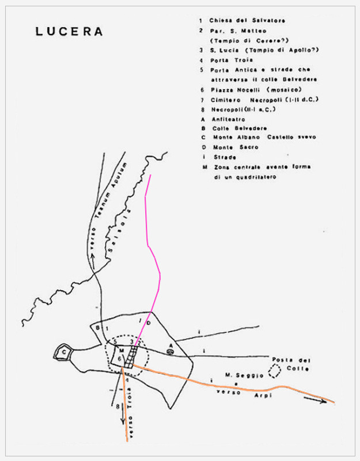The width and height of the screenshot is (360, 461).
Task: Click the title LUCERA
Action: point(69,32)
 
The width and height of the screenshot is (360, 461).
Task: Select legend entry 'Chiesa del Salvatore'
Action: point(247,21)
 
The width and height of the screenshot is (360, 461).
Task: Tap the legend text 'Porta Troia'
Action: point(232,60)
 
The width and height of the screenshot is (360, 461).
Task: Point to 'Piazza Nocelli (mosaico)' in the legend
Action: point(256,90)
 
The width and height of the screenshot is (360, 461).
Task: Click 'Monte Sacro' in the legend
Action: point(236,147)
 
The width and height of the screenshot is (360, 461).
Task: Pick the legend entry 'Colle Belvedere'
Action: point(240,128)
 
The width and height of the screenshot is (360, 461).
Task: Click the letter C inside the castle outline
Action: point(64,351)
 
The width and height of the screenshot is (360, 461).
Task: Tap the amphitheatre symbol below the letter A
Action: point(170,351)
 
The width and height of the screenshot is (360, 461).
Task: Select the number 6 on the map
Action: point(119,359)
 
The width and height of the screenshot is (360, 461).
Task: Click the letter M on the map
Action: point(122,350)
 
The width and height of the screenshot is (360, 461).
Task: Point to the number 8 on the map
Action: point(118,406)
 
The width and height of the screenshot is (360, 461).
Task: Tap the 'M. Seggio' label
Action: point(244,375)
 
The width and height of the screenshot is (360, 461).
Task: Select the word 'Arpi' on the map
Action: point(263,395)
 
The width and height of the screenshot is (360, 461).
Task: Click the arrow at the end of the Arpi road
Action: point(315,400)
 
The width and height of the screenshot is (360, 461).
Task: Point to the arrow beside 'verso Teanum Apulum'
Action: point(93,261)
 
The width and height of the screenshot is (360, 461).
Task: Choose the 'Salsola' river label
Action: point(119,231)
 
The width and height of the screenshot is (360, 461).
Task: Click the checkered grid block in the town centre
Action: point(131,357)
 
